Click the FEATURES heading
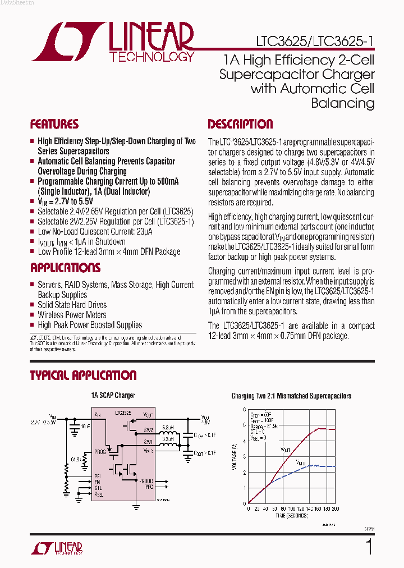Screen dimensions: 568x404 [54, 124]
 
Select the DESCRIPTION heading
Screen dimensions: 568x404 [240, 124]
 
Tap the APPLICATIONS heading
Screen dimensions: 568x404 [65, 268]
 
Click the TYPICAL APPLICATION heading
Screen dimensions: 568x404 [83, 375]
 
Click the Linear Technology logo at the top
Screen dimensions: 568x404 [112, 42]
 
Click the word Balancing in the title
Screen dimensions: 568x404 [342, 103]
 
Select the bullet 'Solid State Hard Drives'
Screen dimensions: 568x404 [72, 305]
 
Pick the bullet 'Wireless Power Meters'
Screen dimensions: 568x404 [72, 315]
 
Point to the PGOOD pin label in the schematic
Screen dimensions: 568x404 [146, 481]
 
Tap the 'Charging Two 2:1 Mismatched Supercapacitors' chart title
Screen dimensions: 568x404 [291, 396]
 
